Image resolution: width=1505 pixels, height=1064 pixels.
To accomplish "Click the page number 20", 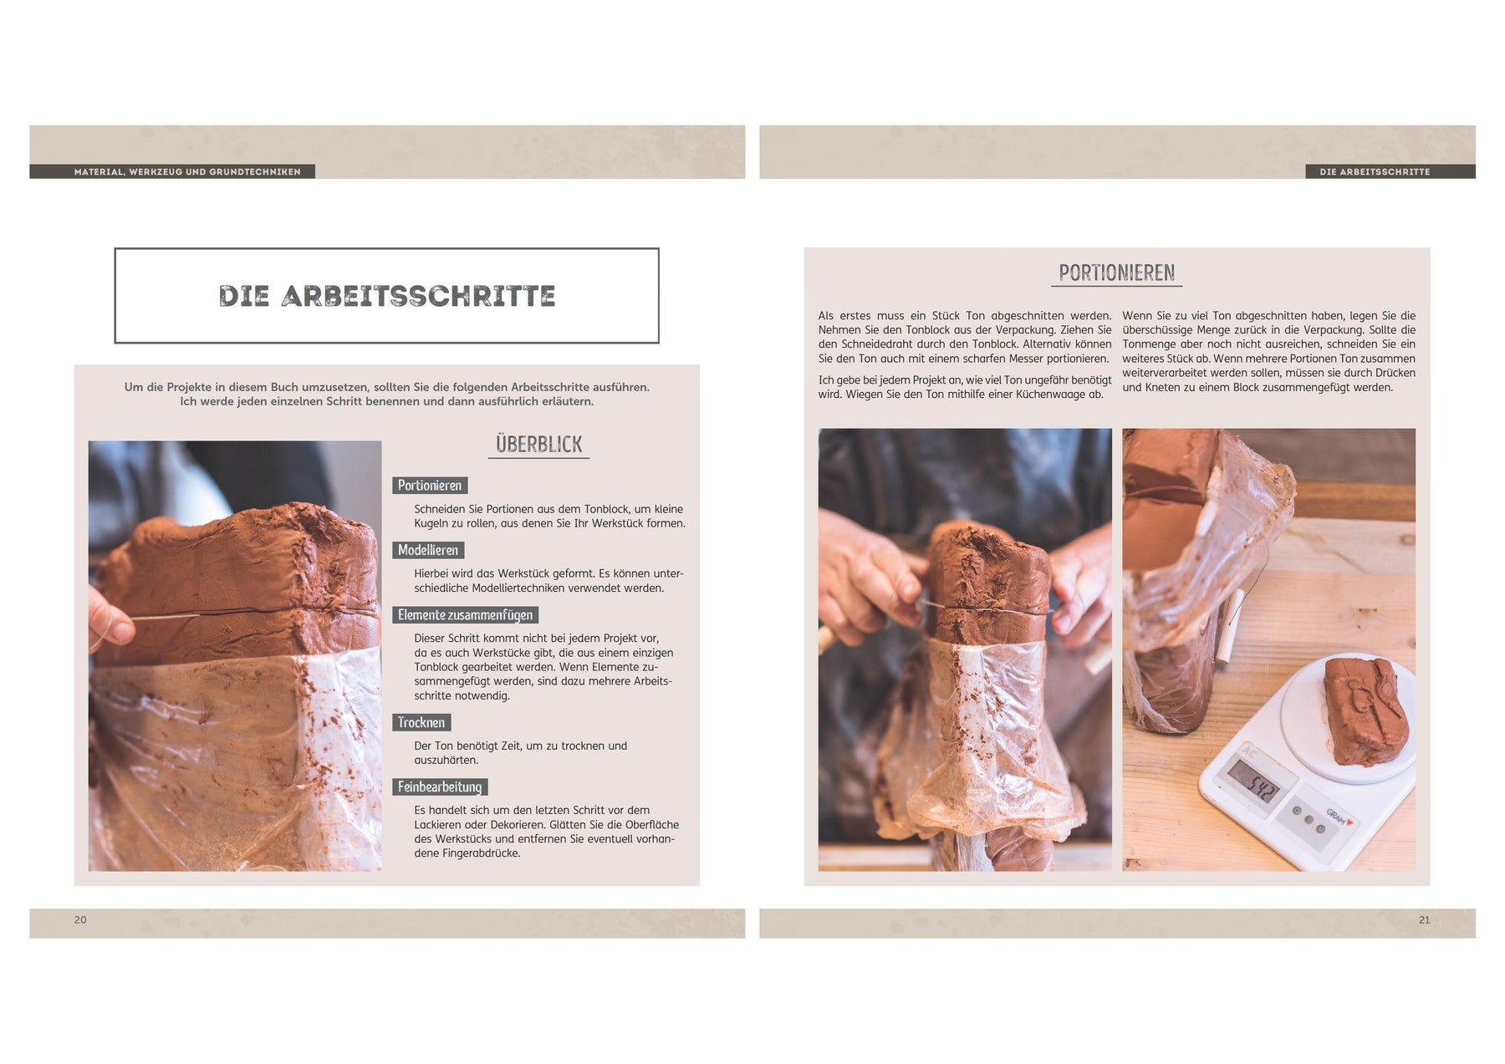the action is click(x=80, y=919).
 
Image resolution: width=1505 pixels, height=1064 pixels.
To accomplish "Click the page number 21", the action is click(x=1425, y=919).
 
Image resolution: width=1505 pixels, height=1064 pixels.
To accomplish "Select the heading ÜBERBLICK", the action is click(x=538, y=444).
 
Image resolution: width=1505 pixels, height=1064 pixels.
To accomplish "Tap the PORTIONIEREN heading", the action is click(x=1117, y=272).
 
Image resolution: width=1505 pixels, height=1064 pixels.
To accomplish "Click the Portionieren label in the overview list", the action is click(x=430, y=486).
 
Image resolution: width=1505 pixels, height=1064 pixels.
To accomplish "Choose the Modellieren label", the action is click(x=428, y=550).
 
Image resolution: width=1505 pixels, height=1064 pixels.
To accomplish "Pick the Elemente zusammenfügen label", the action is click(x=465, y=615).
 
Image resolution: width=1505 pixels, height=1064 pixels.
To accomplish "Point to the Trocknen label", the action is click(x=421, y=722).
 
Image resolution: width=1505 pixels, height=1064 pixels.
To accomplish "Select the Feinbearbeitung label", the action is click(x=440, y=787).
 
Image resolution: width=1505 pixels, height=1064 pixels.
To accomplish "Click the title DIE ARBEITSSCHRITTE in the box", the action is click(x=387, y=296).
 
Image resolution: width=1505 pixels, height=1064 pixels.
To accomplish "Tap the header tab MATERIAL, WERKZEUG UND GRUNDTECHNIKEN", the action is click(x=187, y=171).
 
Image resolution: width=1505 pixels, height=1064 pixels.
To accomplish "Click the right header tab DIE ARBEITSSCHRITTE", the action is click(x=1375, y=171).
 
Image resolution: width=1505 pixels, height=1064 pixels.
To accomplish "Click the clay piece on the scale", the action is click(x=1365, y=710).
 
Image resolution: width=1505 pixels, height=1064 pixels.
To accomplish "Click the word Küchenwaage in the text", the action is click(x=1050, y=395).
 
